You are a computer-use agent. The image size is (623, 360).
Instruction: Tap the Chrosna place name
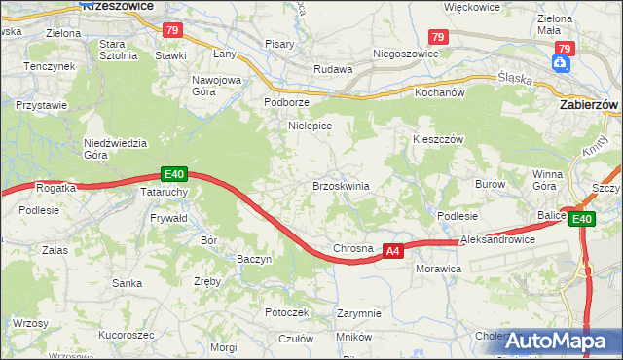pos(353,249)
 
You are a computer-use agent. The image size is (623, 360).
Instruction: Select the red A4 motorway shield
pos(391,251)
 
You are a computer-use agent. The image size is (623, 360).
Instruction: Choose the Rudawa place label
pos(331,69)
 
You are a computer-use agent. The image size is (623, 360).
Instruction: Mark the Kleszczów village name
pos(435,139)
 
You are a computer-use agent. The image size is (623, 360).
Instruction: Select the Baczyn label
pos(254,259)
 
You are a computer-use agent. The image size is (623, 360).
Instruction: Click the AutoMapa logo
pos(555,342)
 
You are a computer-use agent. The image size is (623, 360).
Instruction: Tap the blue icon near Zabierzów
pos(562,63)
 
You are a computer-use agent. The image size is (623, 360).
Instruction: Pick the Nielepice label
pos(311,126)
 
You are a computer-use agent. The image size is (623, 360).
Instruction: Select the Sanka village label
pos(128,283)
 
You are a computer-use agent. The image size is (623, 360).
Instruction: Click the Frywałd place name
pos(169,220)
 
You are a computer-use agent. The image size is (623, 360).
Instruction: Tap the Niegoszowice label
pos(395,54)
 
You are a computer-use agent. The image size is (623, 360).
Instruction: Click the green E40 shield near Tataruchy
pos(173,174)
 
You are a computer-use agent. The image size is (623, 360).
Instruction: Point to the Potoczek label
pos(286,312)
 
